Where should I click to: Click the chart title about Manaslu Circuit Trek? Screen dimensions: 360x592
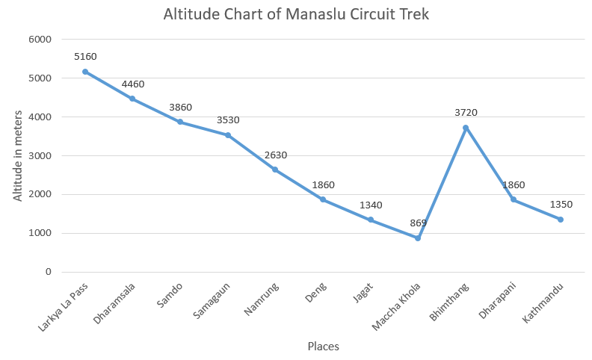[x=296, y=14]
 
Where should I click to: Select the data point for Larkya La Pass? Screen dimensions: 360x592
[x=85, y=72]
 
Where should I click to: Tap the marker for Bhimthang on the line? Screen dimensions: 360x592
[x=466, y=128]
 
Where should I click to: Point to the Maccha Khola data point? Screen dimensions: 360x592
[x=418, y=238]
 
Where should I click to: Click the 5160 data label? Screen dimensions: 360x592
[x=85, y=56]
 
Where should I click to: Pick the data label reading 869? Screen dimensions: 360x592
[x=418, y=223]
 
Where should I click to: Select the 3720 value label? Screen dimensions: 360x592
[x=466, y=112]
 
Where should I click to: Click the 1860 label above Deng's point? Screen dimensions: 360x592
[x=323, y=184]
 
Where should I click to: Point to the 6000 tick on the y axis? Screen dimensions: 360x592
[x=39, y=40]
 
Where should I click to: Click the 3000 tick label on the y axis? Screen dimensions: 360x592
[x=39, y=155]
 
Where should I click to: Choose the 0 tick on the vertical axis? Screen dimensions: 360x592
[x=47, y=272]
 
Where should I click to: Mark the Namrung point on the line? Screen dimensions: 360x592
[x=275, y=170]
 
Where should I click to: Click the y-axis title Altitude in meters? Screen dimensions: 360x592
[x=17, y=155]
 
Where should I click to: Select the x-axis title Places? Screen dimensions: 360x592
[x=323, y=347]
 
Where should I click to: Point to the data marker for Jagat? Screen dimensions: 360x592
[x=370, y=220]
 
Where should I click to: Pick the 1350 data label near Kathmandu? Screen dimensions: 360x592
[x=561, y=204]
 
